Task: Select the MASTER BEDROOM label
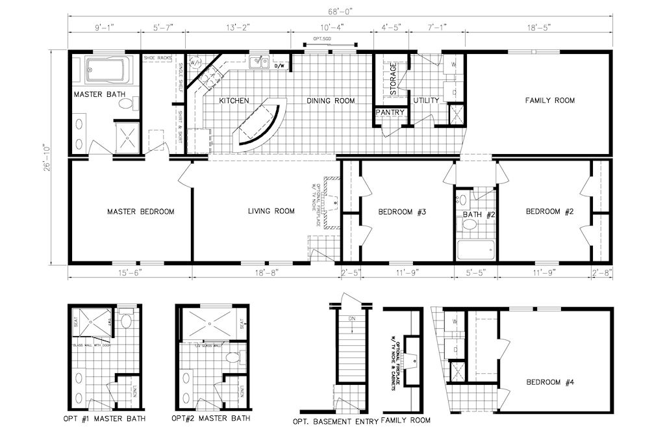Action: click(x=141, y=211)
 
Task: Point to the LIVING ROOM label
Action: click(x=271, y=211)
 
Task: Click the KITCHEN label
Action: click(x=234, y=101)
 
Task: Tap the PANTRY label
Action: click(x=390, y=112)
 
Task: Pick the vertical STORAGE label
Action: click(x=393, y=79)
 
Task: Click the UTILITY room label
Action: click(x=426, y=101)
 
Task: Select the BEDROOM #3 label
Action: click(x=402, y=211)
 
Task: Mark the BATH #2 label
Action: click(x=479, y=215)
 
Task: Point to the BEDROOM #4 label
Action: click(x=550, y=382)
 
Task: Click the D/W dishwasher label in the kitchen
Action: click(x=280, y=66)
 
